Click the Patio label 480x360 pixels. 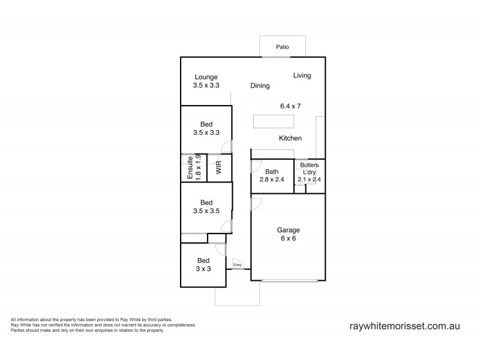(x=283, y=46)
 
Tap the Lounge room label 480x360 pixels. (x=205, y=77)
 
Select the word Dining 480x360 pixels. (x=260, y=86)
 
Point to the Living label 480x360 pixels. (x=302, y=76)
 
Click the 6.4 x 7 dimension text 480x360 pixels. (x=290, y=106)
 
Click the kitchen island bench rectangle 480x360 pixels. (x=274, y=122)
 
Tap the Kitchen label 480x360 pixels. (x=290, y=139)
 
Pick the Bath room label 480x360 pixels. (x=272, y=172)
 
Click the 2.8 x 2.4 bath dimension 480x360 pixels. (x=272, y=179)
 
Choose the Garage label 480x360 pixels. (x=288, y=230)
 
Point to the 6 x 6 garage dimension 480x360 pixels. (x=288, y=238)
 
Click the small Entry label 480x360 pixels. (x=237, y=265)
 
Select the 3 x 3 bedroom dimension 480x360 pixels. (x=204, y=269)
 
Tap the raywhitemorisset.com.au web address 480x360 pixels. (x=404, y=326)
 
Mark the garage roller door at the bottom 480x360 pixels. (x=290, y=280)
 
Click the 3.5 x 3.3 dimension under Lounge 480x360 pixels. (x=205, y=85)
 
